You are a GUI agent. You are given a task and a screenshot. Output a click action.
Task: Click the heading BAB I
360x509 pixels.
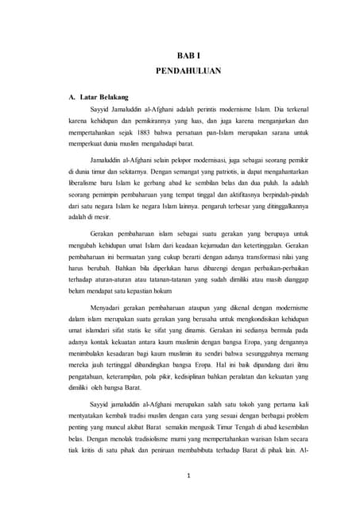coord(188,56)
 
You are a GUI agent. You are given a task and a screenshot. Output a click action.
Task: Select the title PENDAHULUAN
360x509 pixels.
coord(188,71)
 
